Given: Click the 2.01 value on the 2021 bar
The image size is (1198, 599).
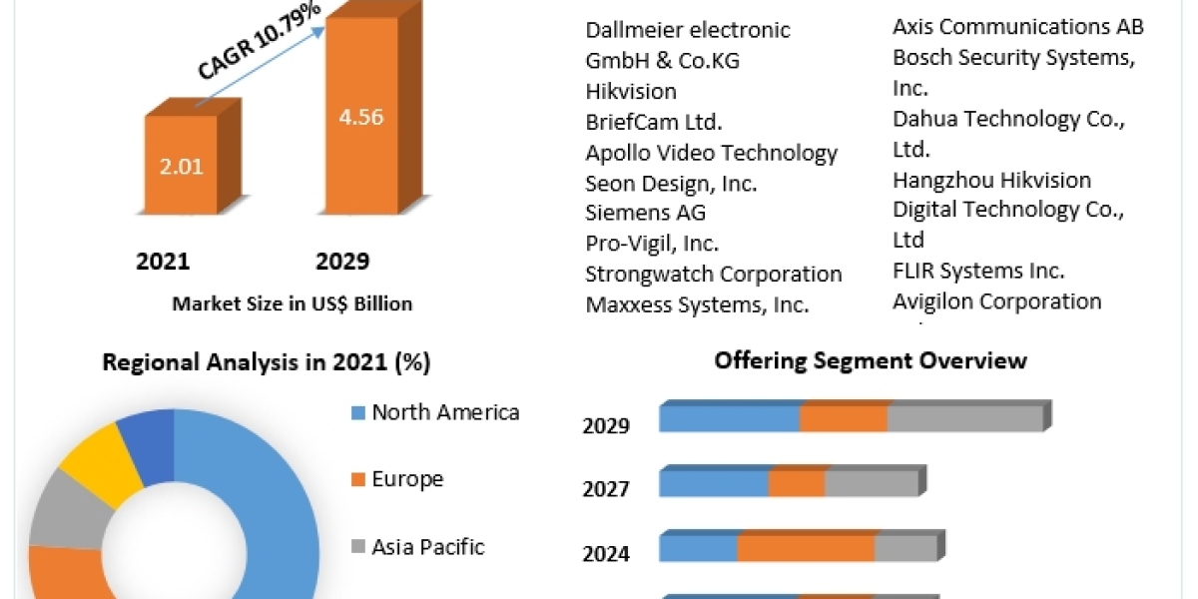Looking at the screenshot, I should (181, 166).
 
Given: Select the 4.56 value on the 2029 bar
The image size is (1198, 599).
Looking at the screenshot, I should (360, 116).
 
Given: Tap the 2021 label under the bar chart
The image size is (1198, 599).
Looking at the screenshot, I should (163, 262).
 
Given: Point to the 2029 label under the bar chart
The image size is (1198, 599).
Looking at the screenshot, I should (342, 262).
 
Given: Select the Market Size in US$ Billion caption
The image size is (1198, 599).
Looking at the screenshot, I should (292, 303).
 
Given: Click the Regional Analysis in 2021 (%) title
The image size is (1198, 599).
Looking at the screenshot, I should (267, 362).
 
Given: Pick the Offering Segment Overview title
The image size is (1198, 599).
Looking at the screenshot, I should (871, 360).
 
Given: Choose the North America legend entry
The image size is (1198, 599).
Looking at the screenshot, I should (445, 412).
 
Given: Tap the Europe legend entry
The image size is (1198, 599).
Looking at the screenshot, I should (407, 479).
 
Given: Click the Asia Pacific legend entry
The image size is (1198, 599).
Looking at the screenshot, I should (427, 547).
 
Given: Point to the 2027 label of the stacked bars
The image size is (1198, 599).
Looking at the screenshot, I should (606, 489).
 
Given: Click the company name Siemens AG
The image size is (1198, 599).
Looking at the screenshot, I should (646, 213).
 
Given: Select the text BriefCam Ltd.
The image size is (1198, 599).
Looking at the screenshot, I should (654, 122).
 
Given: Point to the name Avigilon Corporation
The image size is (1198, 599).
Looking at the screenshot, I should (996, 300).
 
